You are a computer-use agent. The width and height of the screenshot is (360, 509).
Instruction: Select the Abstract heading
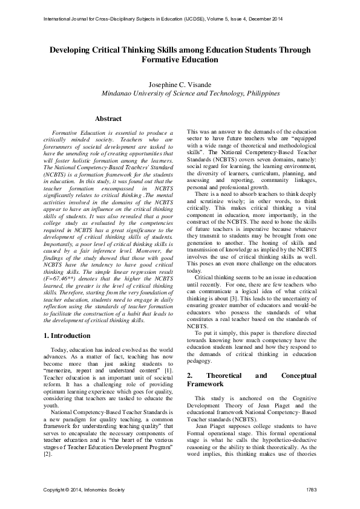(109, 119)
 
